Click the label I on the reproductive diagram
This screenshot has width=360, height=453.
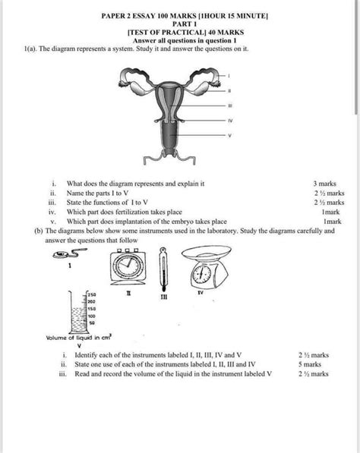(x=229, y=75)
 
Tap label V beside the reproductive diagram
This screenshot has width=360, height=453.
(x=229, y=136)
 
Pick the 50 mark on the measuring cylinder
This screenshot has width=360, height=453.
(x=91, y=322)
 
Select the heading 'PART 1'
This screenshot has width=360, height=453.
(x=179, y=24)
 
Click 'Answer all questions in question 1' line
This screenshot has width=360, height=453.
(x=180, y=40)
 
